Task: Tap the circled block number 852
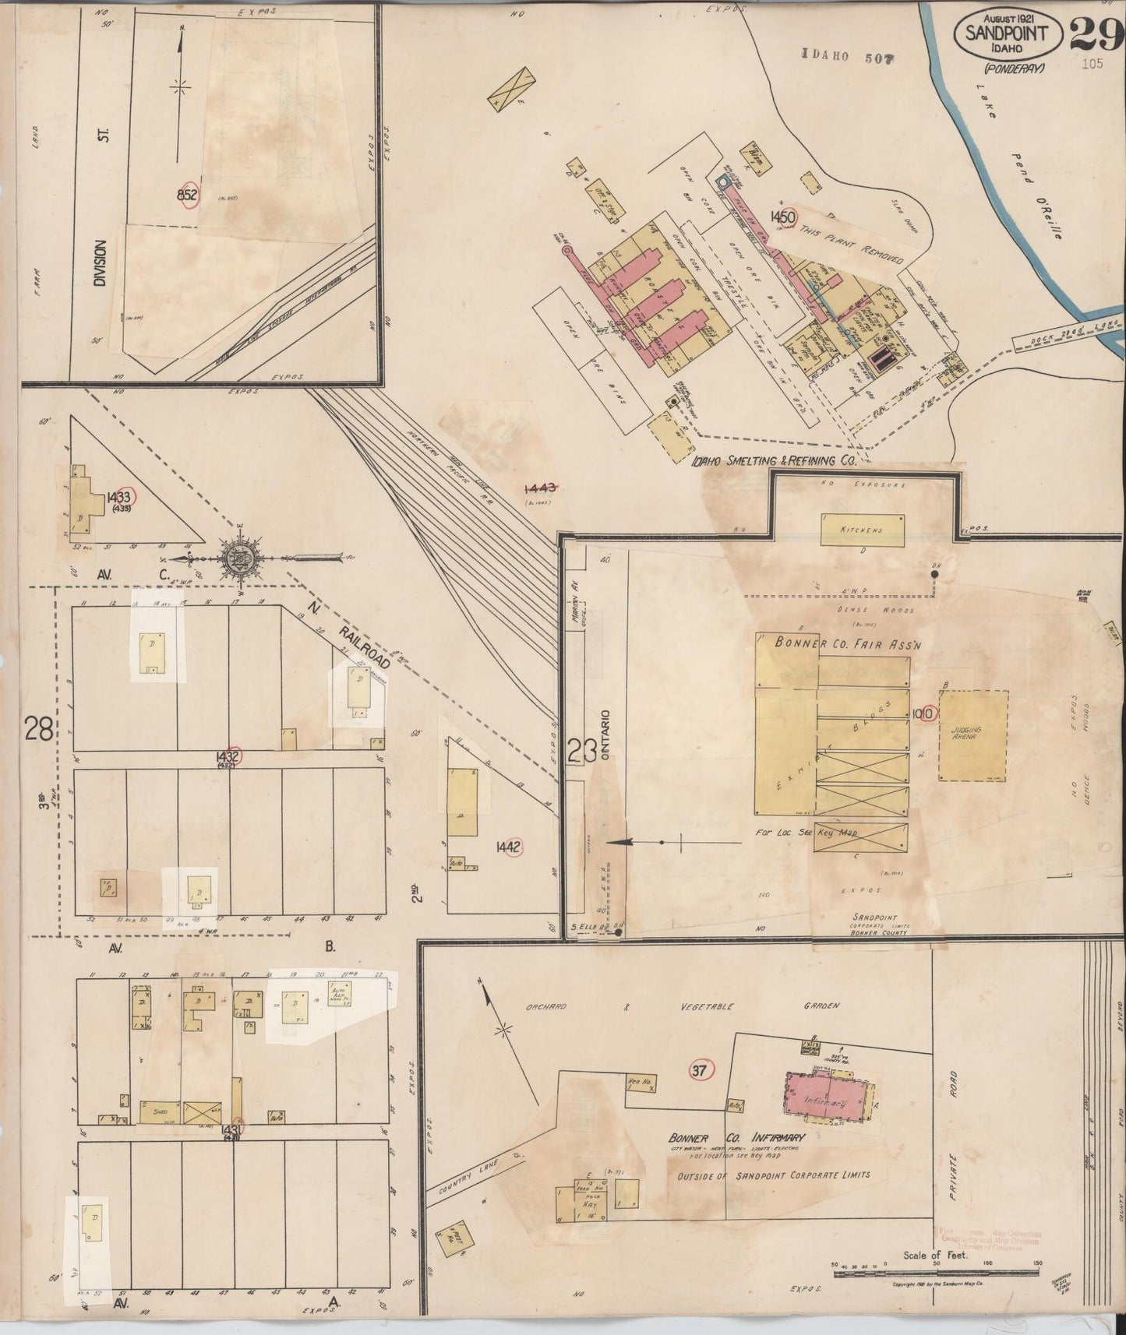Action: [x=188, y=195]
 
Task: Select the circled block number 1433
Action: [x=120, y=496]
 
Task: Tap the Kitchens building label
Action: [x=861, y=530]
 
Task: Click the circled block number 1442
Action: [x=510, y=847]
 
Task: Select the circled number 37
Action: [x=699, y=1070]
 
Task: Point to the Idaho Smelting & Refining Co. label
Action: [x=773, y=461]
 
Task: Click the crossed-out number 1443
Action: [x=539, y=488]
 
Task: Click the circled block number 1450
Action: [x=782, y=216]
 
